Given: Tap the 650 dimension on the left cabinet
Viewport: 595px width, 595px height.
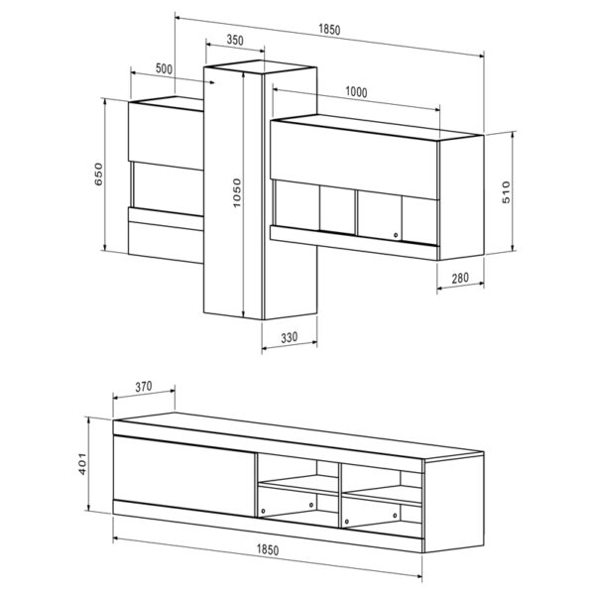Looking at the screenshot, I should pyautogui.click(x=98, y=176).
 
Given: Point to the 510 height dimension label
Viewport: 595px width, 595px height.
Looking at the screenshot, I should pyautogui.click(x=506, y=192).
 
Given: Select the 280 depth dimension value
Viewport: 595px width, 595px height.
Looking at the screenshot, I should pyautogui.click(x=459, y=278).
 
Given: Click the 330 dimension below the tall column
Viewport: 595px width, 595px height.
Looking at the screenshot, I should pyautogui.click(x=289, y=337).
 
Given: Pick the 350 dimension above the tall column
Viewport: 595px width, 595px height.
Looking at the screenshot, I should pyautogui.click(x=235, y=41).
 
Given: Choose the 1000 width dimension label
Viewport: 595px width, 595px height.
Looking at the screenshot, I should pyautogui.click(x=357, y=92).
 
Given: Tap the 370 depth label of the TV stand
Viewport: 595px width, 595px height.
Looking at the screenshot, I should pyautogui.click(x=145, y=388).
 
